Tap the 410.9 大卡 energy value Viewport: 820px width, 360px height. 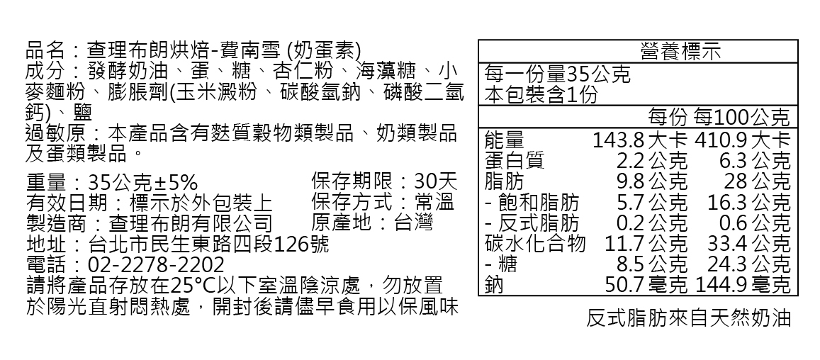[x=743, y=140]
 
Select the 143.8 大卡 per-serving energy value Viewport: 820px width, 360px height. [x=640, y=140]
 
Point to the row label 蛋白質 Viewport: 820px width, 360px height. [x=515, y=160]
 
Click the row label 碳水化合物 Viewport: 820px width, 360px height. [x=535, y=244]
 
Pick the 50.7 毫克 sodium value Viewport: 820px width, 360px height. [x=646, y=286]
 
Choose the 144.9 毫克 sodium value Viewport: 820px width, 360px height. [x=743, y=286]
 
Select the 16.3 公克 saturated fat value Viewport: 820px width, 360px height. [x=748, y=202]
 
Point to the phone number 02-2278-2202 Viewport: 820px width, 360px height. [x=155, y=265]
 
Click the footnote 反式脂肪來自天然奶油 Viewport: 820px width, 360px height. [x=688, y=318]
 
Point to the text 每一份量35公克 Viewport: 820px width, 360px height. [x=557, y=74]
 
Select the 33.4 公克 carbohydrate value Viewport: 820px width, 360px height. [x=748, y=244]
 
